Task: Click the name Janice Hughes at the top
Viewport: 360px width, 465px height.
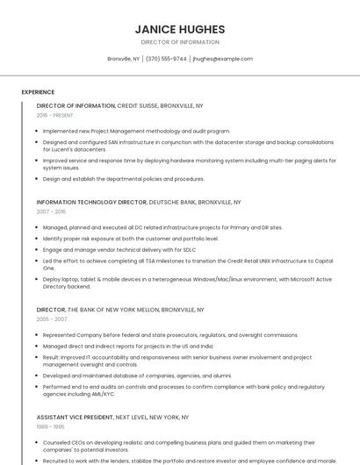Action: pyautogui.click(x=180, y=29)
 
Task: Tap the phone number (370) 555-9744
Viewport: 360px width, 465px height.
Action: pyautogui.click(x=166, y=59)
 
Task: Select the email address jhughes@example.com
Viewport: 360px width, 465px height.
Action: pyautogui.click(x=222, y=59)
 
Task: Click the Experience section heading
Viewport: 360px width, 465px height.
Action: pyautogui.click(x=38, y=92)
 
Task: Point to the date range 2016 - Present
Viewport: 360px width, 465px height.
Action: pyautogui.click(x=55, y=115)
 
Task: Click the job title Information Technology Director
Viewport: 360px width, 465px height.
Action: pyautogui.click(x=91, y=202)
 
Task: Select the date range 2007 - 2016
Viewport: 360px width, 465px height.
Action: pyautogui.click(x=51, y=211)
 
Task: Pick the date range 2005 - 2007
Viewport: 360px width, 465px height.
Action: pyautogui.click(x=51, y=319)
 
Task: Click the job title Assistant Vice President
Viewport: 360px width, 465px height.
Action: pyautogui.click(x=76, y=418)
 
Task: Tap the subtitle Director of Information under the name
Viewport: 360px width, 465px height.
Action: pyautogui.click(x=180, y=42)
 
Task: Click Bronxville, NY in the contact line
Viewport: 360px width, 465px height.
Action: pyautogui.click(x=124, y=59)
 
